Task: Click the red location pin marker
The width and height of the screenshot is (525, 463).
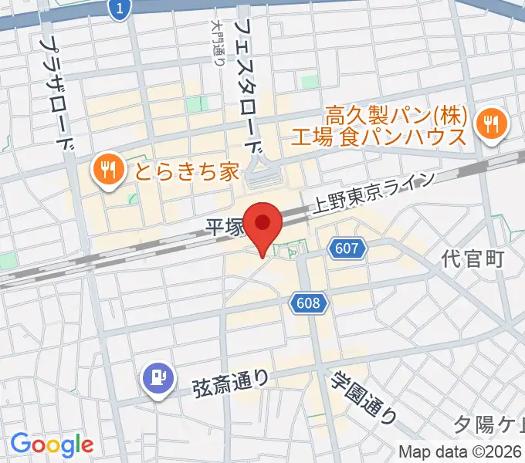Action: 263,224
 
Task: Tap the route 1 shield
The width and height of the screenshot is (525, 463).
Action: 120,8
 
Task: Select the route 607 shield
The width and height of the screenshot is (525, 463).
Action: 347,248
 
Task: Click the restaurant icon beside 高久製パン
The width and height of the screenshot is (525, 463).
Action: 490,123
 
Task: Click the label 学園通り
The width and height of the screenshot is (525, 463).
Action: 364,398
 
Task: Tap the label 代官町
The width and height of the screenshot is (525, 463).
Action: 473,259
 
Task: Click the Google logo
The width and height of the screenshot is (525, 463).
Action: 52,444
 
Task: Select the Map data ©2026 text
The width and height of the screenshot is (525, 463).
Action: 461,451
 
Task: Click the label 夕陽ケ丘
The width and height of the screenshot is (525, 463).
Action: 488,424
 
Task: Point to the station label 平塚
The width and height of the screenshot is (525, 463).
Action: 225,228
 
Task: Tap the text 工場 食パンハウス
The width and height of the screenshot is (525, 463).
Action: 379,137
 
